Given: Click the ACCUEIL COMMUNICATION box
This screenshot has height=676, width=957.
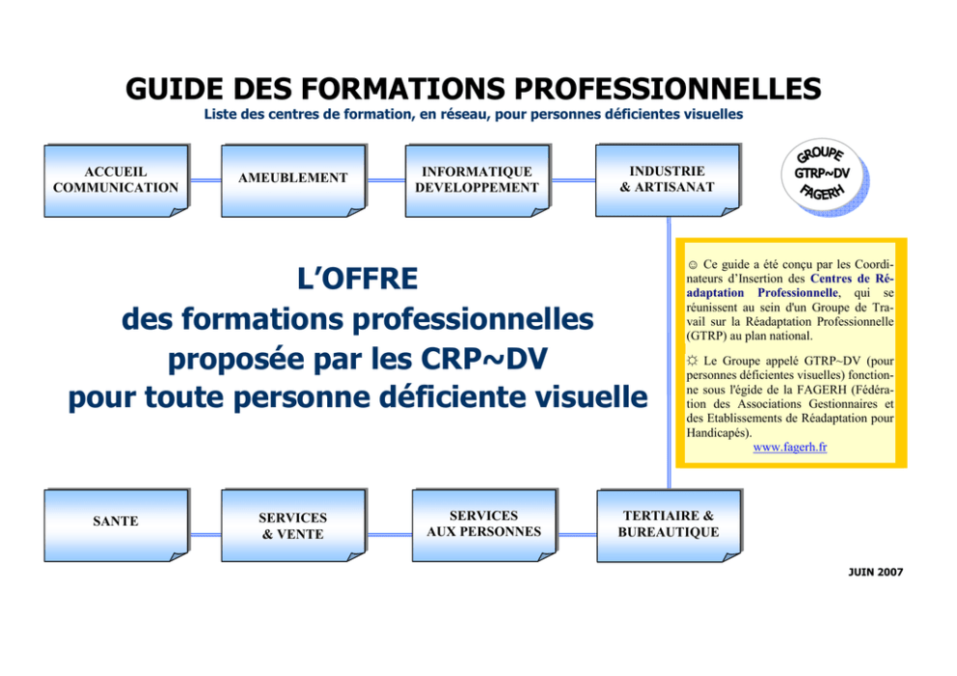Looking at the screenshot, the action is point(116,180).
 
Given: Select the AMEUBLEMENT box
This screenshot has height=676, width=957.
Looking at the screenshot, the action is point(293,180).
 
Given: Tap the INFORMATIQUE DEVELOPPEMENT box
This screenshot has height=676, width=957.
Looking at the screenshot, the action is point(478,180).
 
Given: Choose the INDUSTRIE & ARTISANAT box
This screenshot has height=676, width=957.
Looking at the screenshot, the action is point(669,180).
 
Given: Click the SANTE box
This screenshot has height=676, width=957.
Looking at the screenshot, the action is point(116,526).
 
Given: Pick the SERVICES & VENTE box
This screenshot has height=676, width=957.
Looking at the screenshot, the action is point(293,526).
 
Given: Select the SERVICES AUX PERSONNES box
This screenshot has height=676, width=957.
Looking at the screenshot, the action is point(484,526).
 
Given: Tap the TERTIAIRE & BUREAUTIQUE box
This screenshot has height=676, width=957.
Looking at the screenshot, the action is point(670,526).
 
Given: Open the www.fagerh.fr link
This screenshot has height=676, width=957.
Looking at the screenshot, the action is point(790,447).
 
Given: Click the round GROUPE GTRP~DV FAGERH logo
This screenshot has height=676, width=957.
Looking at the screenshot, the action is point(824,176).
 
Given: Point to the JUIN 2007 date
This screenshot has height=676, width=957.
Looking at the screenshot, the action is point(875,572).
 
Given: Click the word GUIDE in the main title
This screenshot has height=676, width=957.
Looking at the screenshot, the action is point(174,89).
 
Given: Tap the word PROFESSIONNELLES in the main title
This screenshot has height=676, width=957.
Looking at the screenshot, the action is point(668,89).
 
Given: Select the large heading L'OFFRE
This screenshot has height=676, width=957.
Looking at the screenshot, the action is point(358,279).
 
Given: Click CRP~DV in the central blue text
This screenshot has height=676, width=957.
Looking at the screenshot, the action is point(484,359).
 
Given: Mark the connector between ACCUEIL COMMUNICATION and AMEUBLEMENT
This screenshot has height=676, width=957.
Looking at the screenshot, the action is point(205,180).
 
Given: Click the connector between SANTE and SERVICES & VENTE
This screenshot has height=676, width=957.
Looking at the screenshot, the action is point(205,535).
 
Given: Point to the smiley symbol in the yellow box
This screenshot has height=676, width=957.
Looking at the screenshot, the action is point(693,265).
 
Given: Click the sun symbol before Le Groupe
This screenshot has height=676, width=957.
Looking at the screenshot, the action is point(692,362).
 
